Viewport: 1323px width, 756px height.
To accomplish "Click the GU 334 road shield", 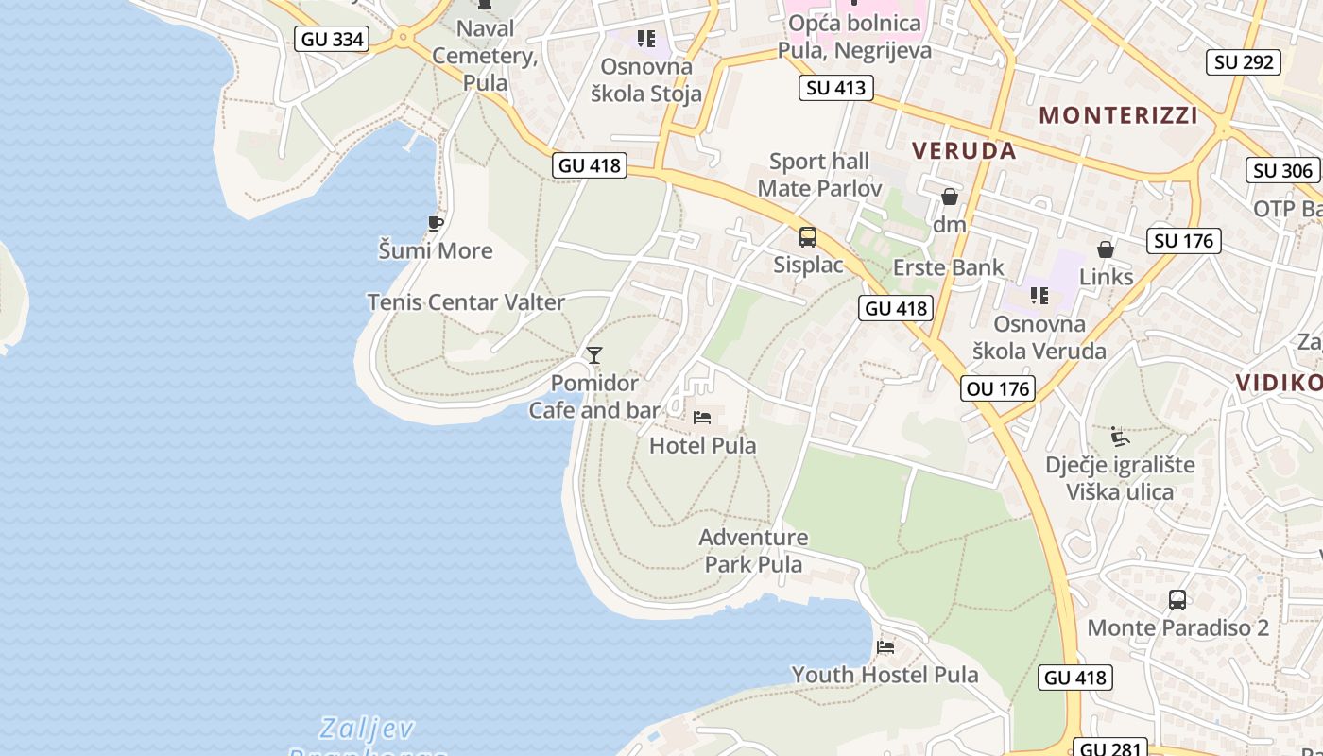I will tap(333, 39).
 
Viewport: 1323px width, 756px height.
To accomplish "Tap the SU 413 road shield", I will tap(835, 88).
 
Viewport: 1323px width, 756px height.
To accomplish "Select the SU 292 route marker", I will tap(1244, 62).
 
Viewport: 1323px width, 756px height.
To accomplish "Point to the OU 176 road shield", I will tap(998, 388).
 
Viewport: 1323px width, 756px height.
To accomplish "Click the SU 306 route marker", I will tap(1283, 170).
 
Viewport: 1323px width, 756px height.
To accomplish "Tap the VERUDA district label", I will tap(965, 150).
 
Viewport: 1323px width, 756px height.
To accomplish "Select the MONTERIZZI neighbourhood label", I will tap(1119, 115).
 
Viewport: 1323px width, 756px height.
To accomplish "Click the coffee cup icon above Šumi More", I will tap(435, 223).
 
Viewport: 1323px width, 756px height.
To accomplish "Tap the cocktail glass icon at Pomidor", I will tap(594, 355).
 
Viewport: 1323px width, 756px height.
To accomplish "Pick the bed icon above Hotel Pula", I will tap(702, 417).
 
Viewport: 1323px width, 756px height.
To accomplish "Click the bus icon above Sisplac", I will tap(808, 237).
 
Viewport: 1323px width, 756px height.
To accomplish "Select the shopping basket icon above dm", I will tap(950, 197).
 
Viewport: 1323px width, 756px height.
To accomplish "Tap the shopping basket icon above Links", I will tap(1106, 249).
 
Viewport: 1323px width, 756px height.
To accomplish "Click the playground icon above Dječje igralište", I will tap(1120, 437).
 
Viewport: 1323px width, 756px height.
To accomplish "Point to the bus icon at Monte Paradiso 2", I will tap(1177, 599).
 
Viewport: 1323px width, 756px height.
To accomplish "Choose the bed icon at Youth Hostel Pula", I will tap(885, 647).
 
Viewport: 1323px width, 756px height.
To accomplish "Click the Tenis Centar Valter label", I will tap(466, 302).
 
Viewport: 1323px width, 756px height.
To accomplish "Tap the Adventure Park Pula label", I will tap(753, 551).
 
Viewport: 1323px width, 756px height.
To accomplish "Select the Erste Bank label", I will tap(949, 267).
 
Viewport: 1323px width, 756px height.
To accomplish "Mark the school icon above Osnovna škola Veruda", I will tap(1039, 296).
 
